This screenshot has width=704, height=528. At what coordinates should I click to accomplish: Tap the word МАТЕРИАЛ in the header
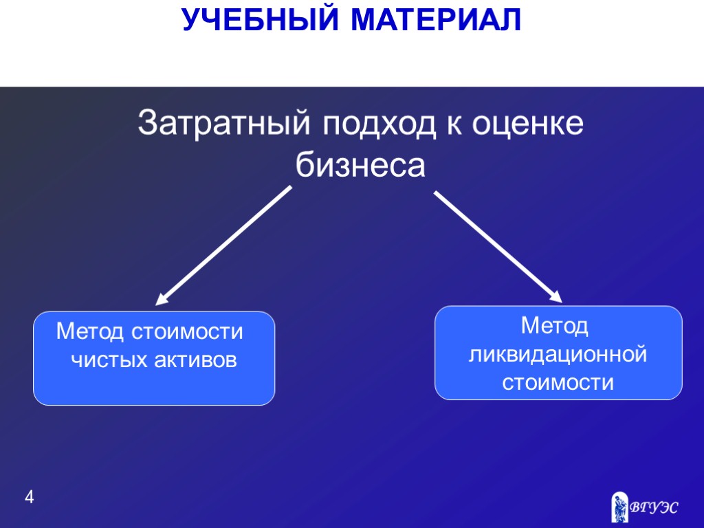point(437,20)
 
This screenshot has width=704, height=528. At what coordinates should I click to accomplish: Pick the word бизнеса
point(361,165)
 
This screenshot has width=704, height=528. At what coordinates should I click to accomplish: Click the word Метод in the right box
point(555,326)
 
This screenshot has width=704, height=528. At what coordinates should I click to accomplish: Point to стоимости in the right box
point(558,382)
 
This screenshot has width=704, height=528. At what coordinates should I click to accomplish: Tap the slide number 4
point(28,496)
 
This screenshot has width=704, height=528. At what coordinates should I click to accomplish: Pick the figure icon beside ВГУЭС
point(620,506)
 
